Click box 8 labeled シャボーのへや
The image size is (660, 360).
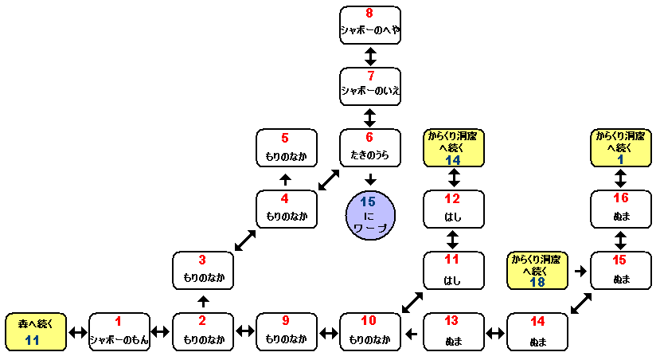click(x=369, y=25)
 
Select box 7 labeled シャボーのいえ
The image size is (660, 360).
click(x=369, y=86)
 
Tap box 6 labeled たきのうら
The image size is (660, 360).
click(x=369, y=147)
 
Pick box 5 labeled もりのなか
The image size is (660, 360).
click(x=287, y=147)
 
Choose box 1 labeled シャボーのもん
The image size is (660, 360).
click(x=119, y=331)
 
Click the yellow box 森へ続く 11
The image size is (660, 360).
click(x=35, y=331)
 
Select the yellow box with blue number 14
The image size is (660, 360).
click(x=453, y=147)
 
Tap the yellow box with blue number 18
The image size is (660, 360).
click(x=537, y=271)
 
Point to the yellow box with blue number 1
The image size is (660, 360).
click(x=621, y=147)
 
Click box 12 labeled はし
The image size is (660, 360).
click(x=453, y=209)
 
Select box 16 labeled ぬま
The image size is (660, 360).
click(x=621, y=209)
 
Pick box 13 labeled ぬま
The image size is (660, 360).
click(x=453, y=331)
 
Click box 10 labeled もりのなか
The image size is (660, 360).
click(x=369, y=331)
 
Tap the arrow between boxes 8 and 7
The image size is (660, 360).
click(x=369, y=56)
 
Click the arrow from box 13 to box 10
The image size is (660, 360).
click(x=411, y=332)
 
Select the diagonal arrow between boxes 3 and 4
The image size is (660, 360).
click(x=244, y=240)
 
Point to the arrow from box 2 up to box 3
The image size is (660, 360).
click(x=203, y=302)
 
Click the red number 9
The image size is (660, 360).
click(x=286, y=322)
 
